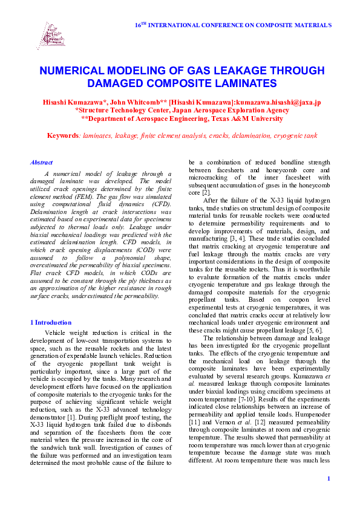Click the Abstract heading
click(41, 163)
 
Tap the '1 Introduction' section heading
click(51, 322)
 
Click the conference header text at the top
click(232, 25)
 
